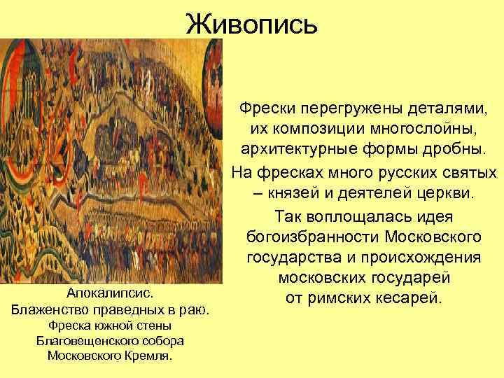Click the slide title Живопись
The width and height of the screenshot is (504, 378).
coord(252,24)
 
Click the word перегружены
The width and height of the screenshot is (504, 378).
coord(349,109)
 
